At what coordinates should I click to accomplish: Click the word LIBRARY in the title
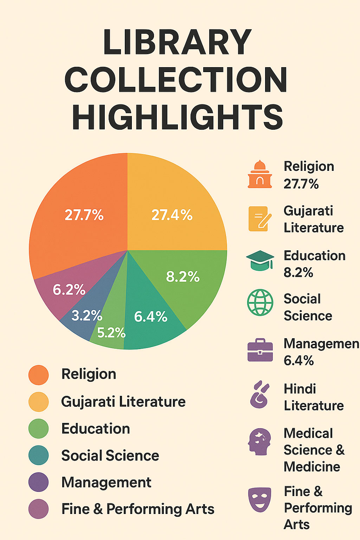[x=177, y=42]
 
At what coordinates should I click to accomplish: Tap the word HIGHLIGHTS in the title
[x=178, y=117]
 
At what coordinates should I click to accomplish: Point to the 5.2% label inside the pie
[x=111, y=333]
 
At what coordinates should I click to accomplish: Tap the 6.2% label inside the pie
[x=69, y=290]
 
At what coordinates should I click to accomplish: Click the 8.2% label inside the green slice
[x=183, y=277]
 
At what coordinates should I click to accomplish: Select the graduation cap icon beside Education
[x=260, y=261]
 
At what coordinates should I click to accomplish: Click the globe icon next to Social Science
[x=260, y=302]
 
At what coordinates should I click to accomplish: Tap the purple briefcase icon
[x=260, y=350]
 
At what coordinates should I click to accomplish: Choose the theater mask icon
[x=260, y=499]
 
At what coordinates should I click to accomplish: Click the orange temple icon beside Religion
[x=260, y=174]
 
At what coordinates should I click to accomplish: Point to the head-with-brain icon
[x=260, y=442]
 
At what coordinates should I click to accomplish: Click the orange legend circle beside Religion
[x=38, y=375]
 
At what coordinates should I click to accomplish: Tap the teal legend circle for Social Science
[x=38, y=455]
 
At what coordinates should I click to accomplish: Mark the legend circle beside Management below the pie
[x=38, y=482]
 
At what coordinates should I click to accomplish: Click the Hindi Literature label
[x=314, y=397]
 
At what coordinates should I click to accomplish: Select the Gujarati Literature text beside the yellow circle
[x=123, y=401]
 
